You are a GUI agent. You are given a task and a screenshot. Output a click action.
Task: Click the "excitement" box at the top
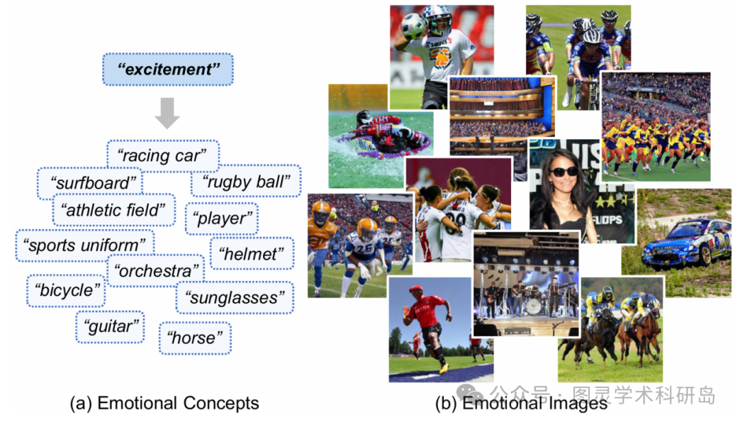coord(168,69)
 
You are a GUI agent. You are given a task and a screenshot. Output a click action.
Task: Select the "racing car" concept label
coord(162,156)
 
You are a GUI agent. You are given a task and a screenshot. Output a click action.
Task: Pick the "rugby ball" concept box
coord(245,182)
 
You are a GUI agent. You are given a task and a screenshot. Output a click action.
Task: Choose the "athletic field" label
coord(114,210)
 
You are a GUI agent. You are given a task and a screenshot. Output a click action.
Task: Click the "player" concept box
coord(221,219)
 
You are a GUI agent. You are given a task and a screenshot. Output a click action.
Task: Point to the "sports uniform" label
coord(85,244)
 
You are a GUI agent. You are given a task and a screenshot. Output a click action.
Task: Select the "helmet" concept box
coord(251,254)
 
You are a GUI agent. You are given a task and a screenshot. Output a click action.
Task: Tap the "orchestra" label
coord(156,271)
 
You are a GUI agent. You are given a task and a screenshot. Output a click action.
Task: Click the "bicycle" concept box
coord(66,290)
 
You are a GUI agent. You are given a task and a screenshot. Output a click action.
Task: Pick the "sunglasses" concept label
coord(234,297)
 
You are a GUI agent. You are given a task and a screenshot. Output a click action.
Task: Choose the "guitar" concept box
coord(110,326)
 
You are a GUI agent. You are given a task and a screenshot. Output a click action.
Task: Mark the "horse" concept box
coord(195,337)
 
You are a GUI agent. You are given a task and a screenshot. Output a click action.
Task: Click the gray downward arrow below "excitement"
coord(167,113)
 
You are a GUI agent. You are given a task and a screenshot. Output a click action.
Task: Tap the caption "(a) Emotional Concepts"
coord(164,403)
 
